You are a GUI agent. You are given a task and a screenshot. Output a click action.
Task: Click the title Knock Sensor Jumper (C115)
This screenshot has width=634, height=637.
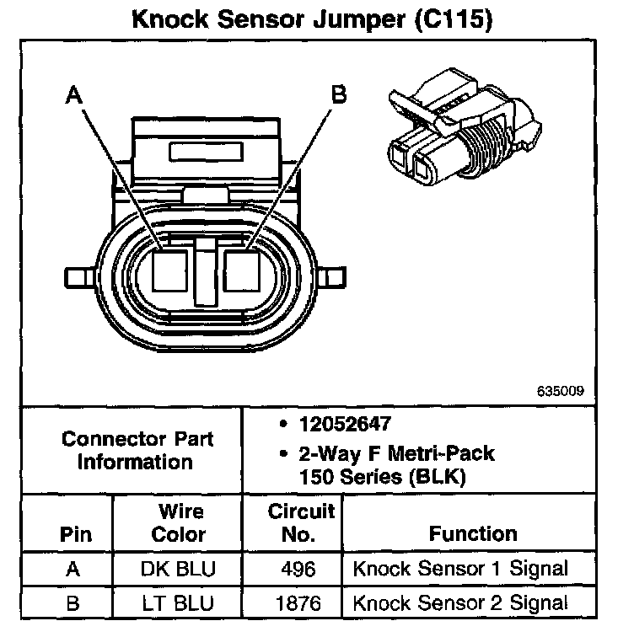coord(312,19)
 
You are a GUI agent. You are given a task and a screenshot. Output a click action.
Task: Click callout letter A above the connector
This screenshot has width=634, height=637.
coord(74,94)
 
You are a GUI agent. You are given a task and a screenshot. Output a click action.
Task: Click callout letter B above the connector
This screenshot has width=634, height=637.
coord(339,94)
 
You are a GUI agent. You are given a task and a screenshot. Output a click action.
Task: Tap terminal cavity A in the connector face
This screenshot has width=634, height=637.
coord(169,270)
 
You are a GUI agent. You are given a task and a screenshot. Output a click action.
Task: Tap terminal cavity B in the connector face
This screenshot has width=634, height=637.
coord(242,270)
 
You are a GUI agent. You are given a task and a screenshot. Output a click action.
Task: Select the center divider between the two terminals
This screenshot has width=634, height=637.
coord(206,272)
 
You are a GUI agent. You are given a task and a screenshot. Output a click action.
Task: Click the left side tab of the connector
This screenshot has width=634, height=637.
coord(80,278)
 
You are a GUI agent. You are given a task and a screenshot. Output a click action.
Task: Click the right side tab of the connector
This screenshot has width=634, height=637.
coord(331,278)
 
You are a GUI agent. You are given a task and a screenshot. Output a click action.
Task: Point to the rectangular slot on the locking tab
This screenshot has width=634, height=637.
coord(206,152)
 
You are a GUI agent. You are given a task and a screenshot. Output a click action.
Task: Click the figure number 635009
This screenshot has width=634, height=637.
coord(561,391)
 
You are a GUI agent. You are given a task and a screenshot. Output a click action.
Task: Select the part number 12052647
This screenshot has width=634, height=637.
coord(345,424)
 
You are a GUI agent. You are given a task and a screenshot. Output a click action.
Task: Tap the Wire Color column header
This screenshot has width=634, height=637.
coord(178,523)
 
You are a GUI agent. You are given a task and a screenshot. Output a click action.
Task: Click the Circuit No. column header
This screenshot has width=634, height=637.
coord(301,523)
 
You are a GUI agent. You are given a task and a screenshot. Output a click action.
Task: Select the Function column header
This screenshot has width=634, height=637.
coord(473,533)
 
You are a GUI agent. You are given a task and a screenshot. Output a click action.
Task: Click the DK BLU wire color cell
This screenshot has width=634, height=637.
coord(178,569)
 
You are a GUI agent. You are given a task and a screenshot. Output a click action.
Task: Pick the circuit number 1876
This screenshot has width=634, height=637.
coord(298,603)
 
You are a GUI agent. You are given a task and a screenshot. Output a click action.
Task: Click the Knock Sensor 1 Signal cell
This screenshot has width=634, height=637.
coord(460,569)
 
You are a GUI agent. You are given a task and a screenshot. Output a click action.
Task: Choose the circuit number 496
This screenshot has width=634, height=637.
coord(298,569)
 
